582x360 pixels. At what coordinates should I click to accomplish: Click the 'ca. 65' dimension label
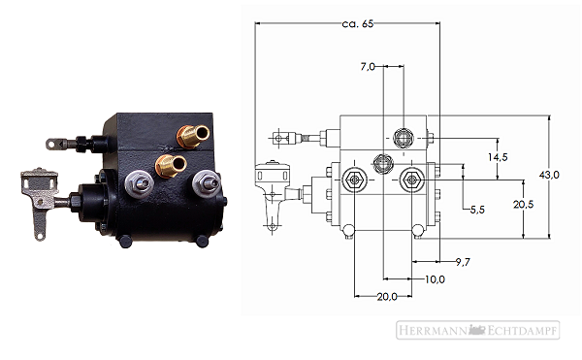coord(357,23)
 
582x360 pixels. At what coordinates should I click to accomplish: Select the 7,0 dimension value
coord(368,67)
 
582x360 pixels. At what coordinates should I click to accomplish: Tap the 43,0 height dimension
coord(549,175)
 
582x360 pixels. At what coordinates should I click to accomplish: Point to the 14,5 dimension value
coord(498,157)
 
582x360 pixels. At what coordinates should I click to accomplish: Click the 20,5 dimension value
coord(524,204)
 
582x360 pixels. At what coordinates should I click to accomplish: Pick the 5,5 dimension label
coord(477,210)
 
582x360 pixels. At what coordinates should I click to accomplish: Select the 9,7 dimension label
coord(463,262)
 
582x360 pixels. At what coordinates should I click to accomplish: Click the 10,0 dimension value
coord(435,279)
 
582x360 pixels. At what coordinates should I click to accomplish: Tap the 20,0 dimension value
coord(387,297)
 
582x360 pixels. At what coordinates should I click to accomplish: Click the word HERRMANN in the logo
coord(434,330)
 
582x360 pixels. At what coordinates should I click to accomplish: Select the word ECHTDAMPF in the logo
coord(521,330)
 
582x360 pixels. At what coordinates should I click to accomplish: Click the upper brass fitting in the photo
coord(193,136)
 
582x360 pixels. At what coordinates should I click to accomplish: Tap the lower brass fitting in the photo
coord(171,166)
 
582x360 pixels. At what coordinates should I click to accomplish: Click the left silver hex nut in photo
coord(139,183)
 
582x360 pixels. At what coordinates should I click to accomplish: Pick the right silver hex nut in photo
coord(207,182)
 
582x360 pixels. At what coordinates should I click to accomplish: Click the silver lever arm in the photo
coord(39,201)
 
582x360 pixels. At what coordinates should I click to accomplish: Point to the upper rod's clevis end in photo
coord(54,144)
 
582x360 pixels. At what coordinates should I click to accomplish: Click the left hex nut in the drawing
coord(354,180)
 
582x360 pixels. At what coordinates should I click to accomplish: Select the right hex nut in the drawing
coord(411,180)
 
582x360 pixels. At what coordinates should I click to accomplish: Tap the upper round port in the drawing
coord(404,138)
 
